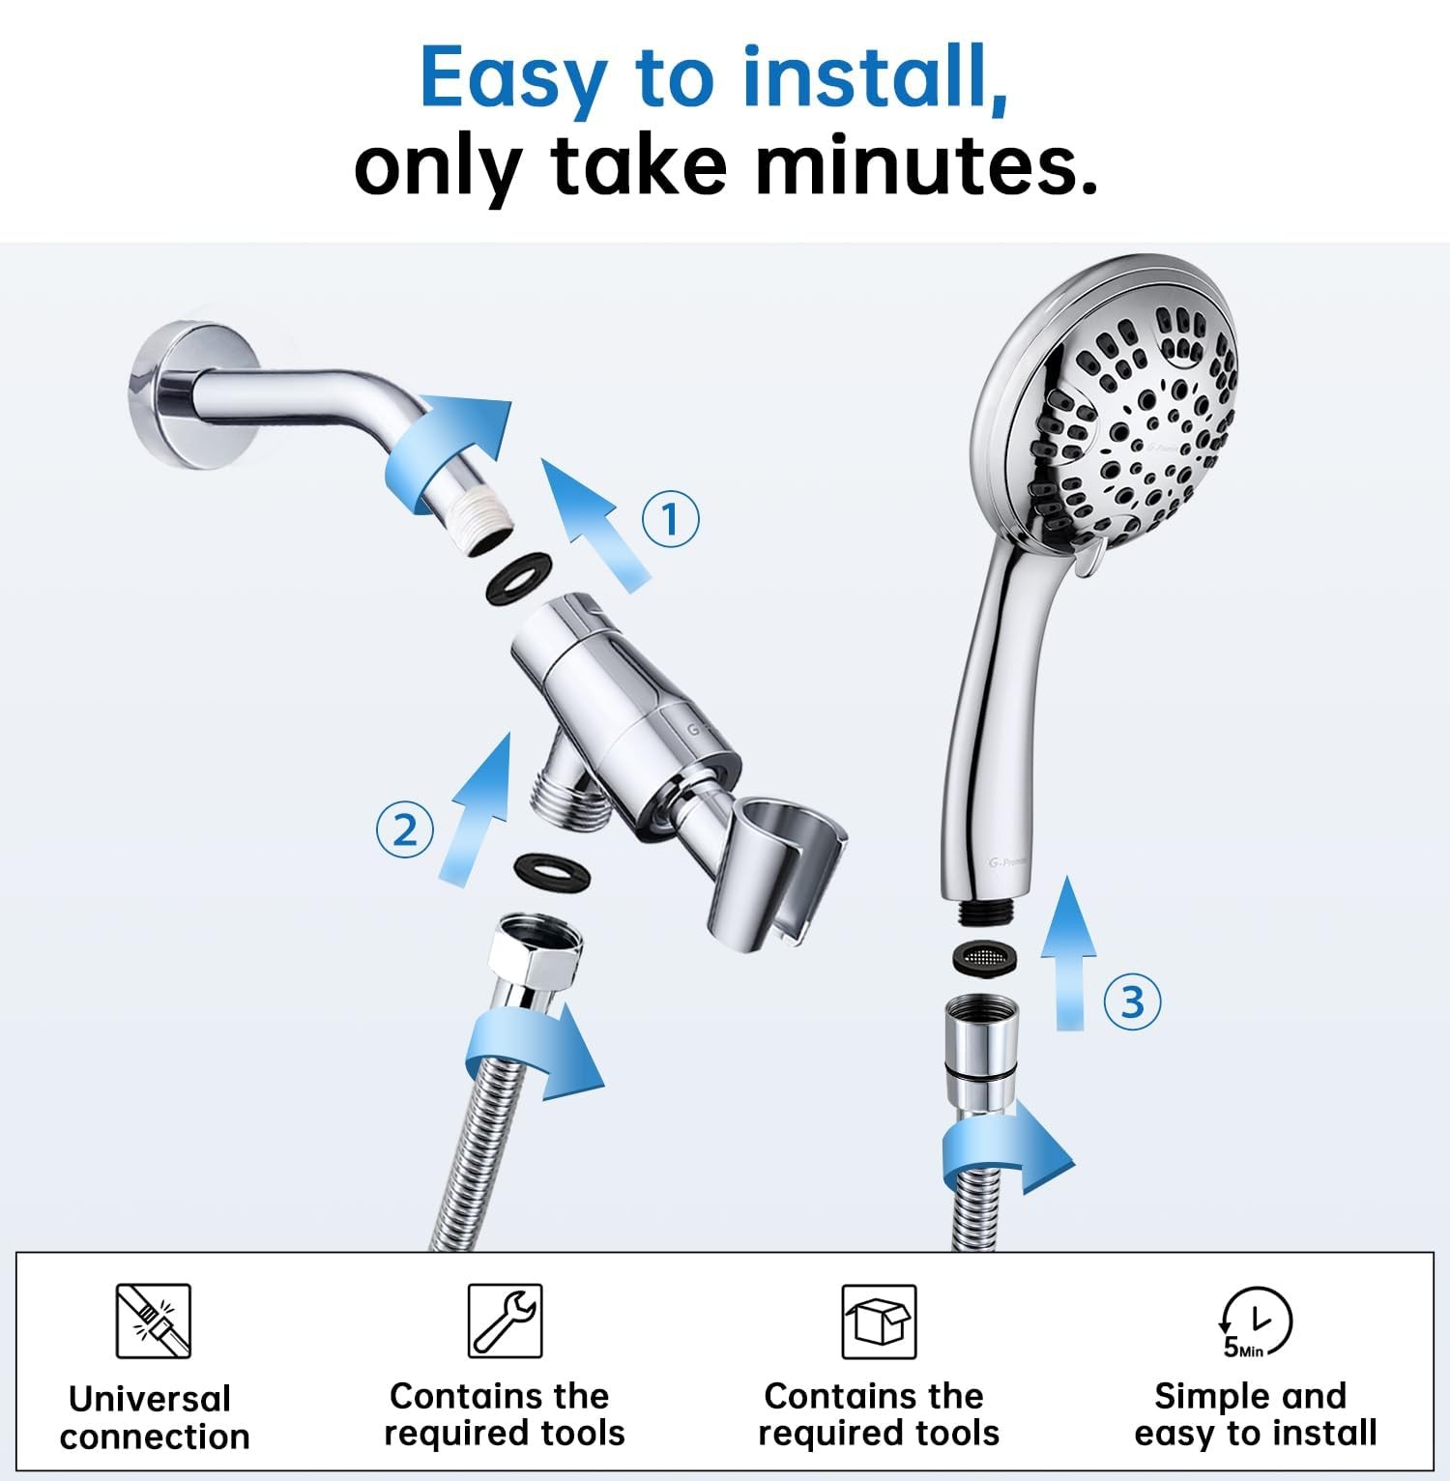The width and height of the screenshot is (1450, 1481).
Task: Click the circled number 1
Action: click(670, 519)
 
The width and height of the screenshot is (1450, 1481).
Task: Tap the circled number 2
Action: click(404, 830)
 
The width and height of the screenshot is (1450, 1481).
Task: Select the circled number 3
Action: click(1132, 1002)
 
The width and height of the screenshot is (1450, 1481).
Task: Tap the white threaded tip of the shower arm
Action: click(488, 526)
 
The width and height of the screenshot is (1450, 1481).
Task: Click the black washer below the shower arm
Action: click(517, 578)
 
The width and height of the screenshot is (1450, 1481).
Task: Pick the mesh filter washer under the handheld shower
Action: click(986, 957)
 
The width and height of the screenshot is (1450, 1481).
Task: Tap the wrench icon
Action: click(505, 1321)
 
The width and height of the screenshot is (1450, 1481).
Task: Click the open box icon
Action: click(878, 1321)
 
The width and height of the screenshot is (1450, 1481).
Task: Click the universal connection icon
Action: click(153, 1321)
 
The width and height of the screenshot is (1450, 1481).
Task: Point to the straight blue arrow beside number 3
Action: click(1068, 952)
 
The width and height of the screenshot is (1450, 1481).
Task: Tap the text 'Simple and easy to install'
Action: click(1254, 1414)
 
